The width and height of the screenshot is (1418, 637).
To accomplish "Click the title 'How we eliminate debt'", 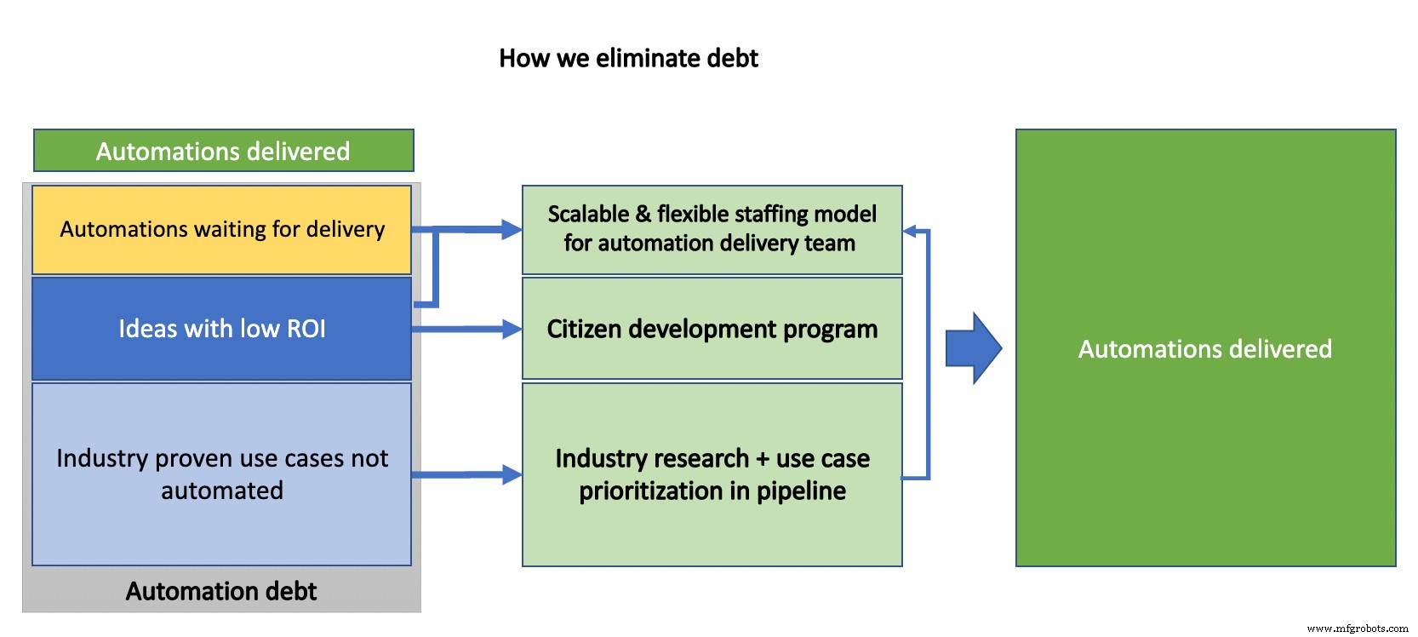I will [x=628, y=58].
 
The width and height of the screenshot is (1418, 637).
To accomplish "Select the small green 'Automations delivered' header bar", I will [x=223, y=151].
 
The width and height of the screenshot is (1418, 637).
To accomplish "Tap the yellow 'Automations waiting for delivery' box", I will [x=221, y=229].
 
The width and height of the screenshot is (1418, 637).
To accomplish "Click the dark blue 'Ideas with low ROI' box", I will [x=221, y=329].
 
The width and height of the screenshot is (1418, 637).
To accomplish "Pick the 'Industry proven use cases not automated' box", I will [x=221, y=473].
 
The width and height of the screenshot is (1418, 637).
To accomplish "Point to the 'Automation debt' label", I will [x=221, y=591].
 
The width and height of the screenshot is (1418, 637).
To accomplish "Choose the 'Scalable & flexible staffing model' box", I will [x=712, y=229].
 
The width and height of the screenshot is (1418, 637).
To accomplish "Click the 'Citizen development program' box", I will [x=712, y=329].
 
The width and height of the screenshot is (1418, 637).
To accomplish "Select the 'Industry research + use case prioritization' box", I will [x=712, y=474].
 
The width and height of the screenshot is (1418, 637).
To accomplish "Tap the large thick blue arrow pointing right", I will [x=974, y=348].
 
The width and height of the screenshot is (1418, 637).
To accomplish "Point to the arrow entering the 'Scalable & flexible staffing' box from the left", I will [x=477, y=229].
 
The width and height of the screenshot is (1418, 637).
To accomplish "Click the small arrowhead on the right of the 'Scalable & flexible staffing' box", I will [x=909, y=231].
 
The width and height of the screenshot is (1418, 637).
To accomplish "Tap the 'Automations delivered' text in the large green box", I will [x=1204, y=348].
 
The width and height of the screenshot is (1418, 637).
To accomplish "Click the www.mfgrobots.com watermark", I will [x=1357, y=628].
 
